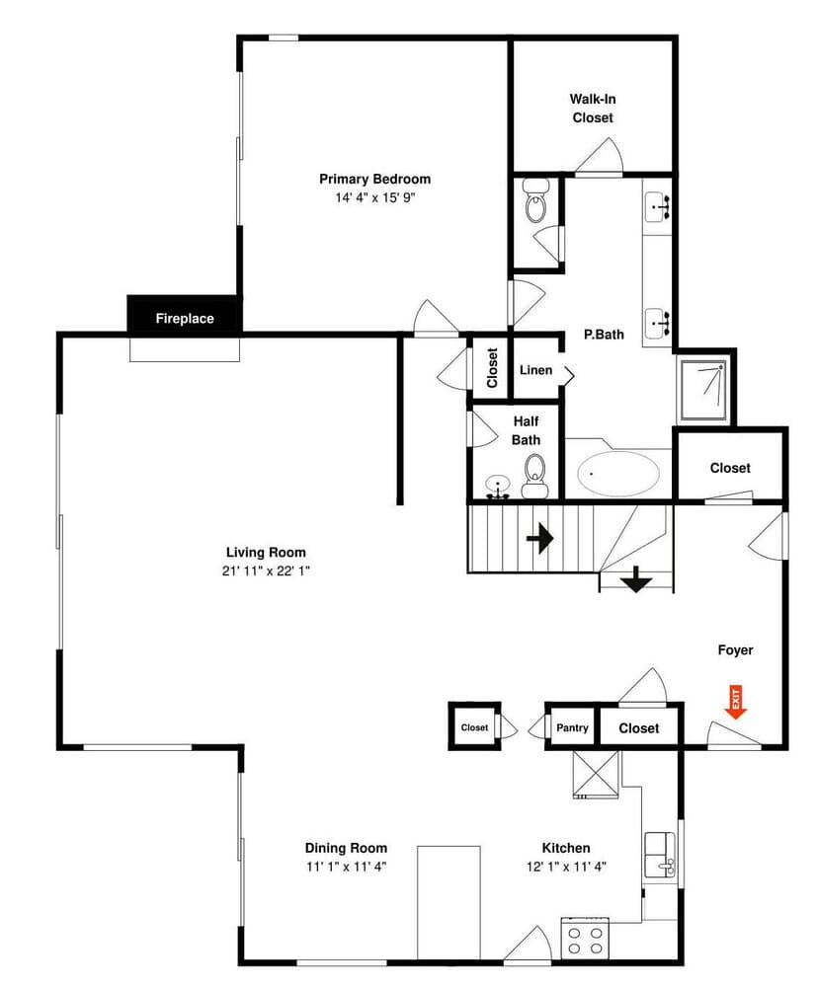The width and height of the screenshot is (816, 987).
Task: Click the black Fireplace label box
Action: pos(184,318)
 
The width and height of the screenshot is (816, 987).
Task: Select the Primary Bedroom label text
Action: pos(374,179)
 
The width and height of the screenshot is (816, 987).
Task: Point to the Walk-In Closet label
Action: pos(593,108)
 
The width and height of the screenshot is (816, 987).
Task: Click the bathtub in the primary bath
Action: pos(618,475)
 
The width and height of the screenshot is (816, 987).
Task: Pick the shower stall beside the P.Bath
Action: pos(704,387)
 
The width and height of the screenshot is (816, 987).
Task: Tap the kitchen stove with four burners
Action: pos(585,937)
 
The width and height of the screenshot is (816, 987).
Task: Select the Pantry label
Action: pos(572,728)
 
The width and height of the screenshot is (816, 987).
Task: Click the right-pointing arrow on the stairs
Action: pos(539,538)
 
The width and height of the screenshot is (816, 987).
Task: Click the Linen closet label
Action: pos(536,370)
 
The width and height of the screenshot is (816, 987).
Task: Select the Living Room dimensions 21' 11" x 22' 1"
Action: pos(266,570)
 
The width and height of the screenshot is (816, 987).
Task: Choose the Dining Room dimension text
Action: pos(346,867)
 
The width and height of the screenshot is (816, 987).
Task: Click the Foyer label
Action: pos(735,650)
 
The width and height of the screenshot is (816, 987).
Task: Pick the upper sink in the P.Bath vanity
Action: pos(658,207)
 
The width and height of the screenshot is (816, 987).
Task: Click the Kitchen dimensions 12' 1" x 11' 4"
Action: pos(566,867)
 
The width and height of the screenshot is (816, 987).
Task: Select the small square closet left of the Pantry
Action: pos(474,727)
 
